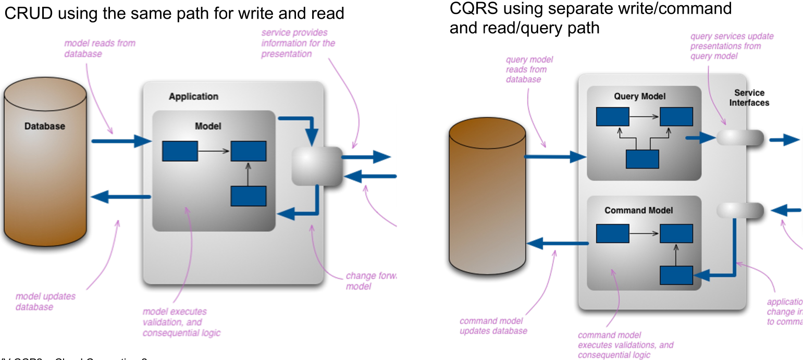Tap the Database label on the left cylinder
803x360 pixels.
[45, 126]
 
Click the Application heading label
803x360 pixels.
[193, 96]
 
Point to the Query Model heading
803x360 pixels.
[639, 96]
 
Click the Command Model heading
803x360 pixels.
[638, 210]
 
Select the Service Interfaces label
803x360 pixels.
[749, 97]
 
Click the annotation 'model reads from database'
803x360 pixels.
[100, 48]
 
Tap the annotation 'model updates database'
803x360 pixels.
[45, 301]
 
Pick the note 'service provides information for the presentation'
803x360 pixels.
[298, 43]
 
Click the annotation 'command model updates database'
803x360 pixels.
[493, 326]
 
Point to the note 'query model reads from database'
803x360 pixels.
[529, 69]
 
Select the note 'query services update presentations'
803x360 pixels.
[732, 46]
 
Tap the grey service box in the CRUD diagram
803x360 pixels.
[316, 166]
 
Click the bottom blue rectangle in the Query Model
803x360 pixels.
[642, 159]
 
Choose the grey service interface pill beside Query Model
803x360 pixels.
[740, 138]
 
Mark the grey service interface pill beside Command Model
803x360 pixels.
[740, 210]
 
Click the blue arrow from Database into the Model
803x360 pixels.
[121, 141]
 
